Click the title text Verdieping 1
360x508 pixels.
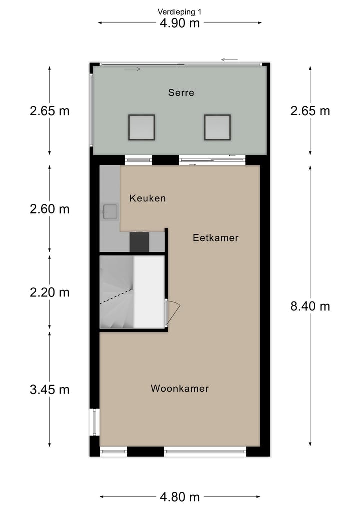coord(180,11)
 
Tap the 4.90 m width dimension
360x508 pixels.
coord(180,23)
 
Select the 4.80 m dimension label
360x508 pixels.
coord(180,497)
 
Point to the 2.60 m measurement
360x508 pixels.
coord(49,209)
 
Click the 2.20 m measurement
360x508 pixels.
coord(49,292)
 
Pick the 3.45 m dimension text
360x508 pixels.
coord(49,389)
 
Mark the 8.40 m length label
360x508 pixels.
coord(310,306)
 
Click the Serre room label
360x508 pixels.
coord(181,93)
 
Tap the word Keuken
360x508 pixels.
coord(147,198)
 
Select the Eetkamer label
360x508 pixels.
coord(216,238)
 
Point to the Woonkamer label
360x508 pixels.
coord(180,388)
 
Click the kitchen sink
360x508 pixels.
coord(109,212)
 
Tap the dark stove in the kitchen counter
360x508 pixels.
coord(139,242)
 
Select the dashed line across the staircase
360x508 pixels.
coord(116,298)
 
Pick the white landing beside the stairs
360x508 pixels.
coord(149,292)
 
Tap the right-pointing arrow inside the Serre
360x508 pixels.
coord(132,69)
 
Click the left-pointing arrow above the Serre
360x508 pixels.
coord(230,60)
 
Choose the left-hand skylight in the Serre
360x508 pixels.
coord(141,127)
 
